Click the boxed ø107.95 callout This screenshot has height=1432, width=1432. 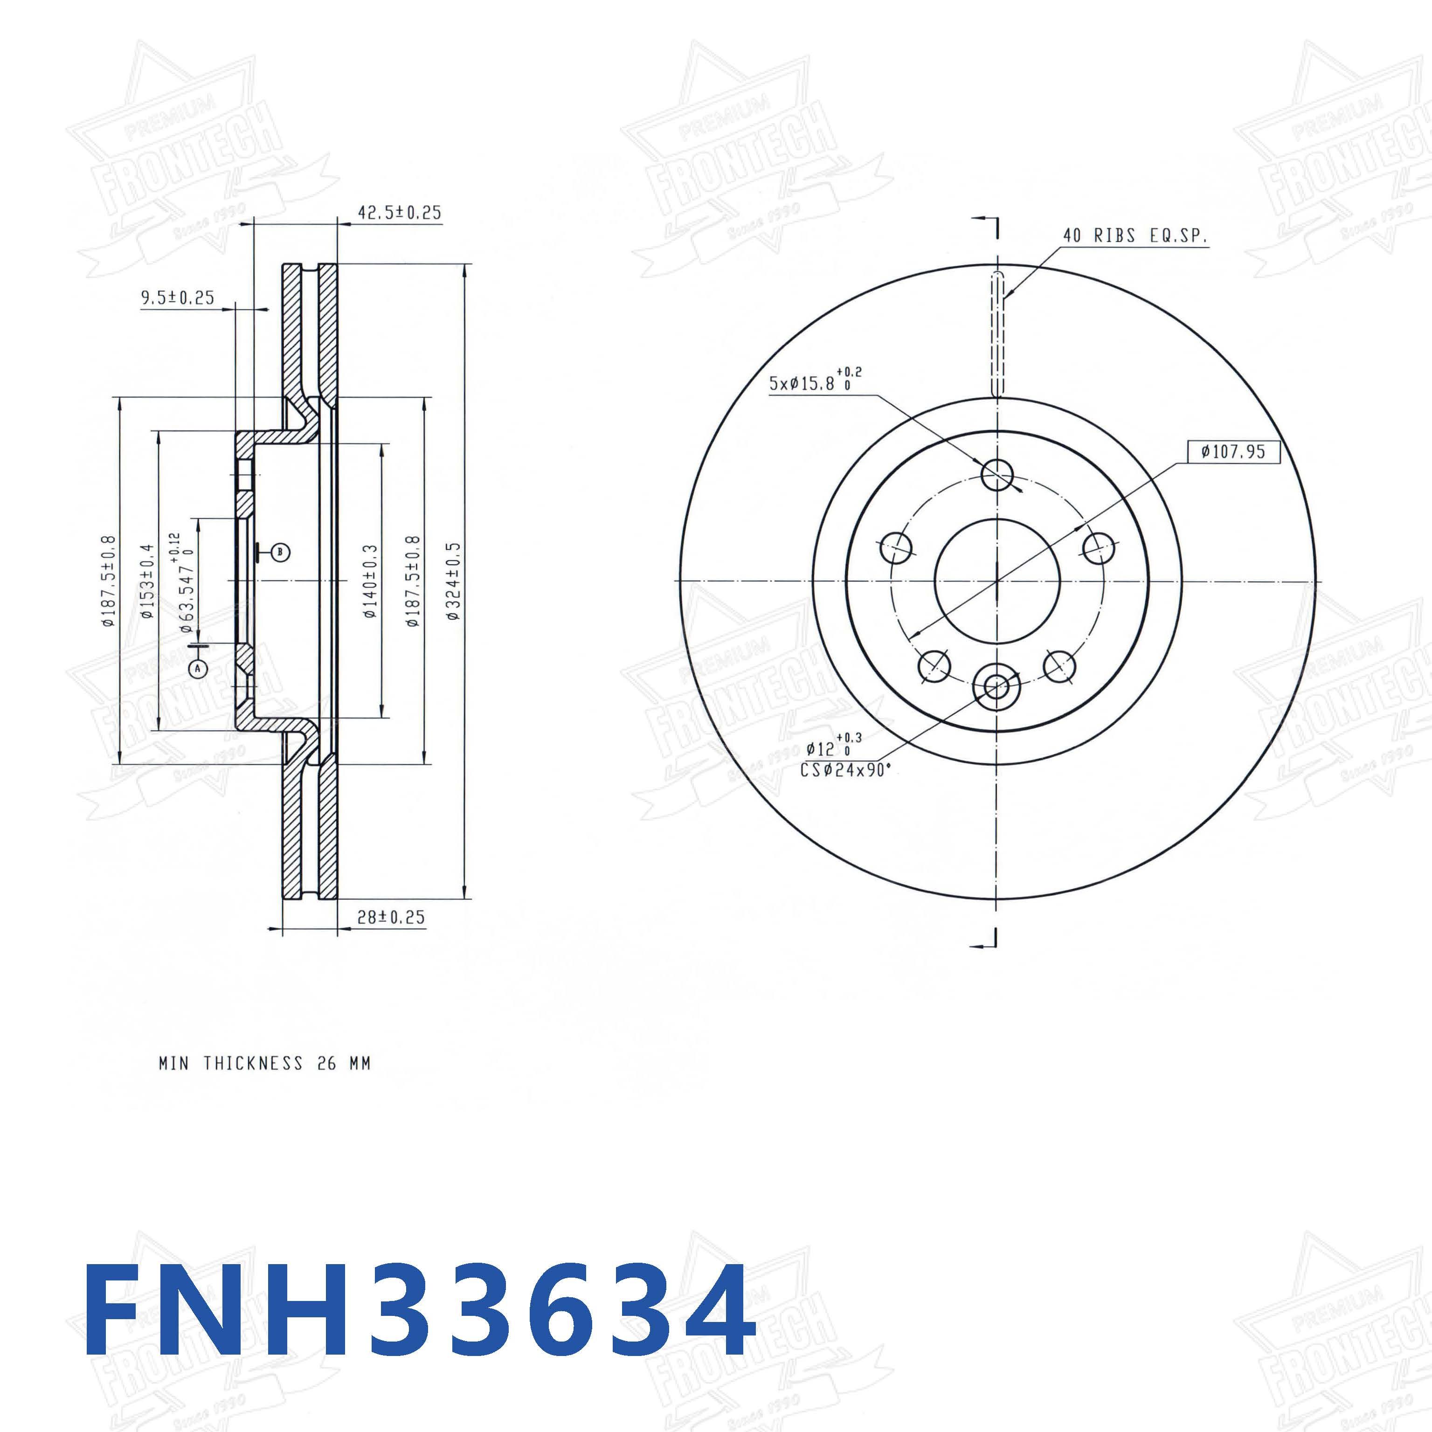1233,450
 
